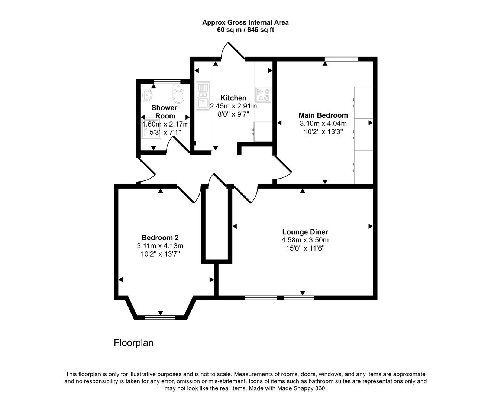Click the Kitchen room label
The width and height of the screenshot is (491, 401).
click(x=233, y=98)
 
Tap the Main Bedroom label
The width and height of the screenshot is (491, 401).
click(x=323, y=115)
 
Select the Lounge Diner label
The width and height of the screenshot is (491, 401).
click(x=305, y=232)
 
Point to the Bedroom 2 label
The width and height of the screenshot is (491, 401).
click(x=160, y=238)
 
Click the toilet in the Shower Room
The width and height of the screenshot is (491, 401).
click(x=178, y=94)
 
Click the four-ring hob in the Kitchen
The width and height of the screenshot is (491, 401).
click(x=264, y=94)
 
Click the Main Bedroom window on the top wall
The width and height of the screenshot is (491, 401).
click(x=341, y=59)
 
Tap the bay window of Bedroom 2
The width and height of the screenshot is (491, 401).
click(x=160, y=317)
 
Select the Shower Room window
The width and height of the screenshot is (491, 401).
click(x=167, y=81)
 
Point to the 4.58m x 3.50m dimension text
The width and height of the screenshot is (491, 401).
click(x=305, y=240)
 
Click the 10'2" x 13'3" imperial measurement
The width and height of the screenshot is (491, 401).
click(x=323, y=131)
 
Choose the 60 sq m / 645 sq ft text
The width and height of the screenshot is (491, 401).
click(x=245, y=30)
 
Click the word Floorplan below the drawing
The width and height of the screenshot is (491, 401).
click(x=133, y=343)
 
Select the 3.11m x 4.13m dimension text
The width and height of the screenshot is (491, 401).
click(x=160, y=246)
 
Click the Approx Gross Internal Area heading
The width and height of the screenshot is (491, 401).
click(x=245, y=22)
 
